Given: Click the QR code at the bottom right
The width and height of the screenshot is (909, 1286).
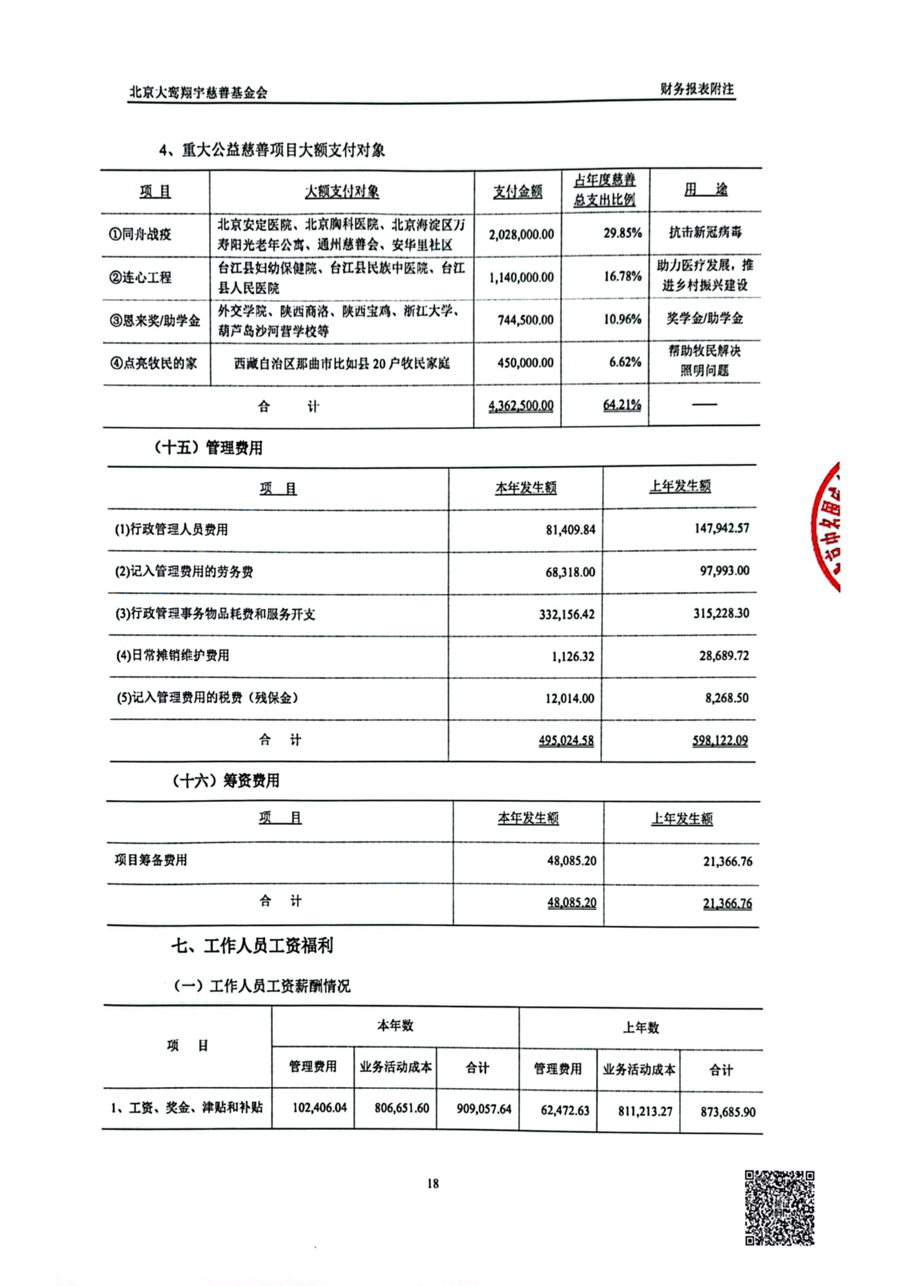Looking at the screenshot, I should (x=780, y=1208).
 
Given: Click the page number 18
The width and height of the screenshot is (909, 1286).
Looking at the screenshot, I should (x=432, y=1183).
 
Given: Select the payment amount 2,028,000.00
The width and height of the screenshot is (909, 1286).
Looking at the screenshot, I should (x=521, y=234).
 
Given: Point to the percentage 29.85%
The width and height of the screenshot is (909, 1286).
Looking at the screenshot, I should (x=623, y=233).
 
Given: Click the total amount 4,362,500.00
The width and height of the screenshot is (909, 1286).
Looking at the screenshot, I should (x=521, y=405).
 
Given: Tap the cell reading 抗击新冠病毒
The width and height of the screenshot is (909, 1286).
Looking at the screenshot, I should (x=705, y=232).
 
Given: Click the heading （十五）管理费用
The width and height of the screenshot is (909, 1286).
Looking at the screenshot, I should (x=208, y=447).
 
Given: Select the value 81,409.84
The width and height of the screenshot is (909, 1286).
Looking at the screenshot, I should (x=570, y=530).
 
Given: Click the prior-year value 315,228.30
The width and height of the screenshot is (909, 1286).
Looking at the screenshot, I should (x=721, y=613).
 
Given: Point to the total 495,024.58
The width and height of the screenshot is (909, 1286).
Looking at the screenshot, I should (x=566, y=741).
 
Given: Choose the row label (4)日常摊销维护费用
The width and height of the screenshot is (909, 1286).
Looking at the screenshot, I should (x=172, y=655).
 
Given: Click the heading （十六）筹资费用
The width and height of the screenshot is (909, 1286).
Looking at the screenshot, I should (x=225, y=781).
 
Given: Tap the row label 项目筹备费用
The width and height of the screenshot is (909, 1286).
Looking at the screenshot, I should (x=151, y=860).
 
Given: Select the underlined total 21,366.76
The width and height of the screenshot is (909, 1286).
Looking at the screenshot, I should (x=727, y=903).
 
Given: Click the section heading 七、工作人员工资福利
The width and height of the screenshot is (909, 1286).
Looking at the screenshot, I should (x=252, y=945).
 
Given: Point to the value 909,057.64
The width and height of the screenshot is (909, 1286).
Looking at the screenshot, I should (x=484, y=1108).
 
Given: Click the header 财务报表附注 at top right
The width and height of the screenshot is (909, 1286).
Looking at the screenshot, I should (x=697, y=89).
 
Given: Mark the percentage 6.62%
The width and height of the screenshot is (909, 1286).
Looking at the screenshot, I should (x=625, y=362).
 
